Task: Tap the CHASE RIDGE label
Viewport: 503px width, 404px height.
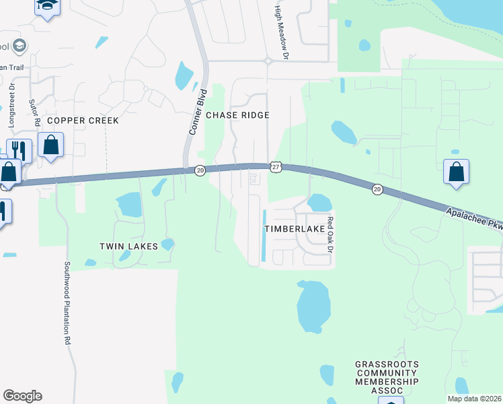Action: tap(237, 115)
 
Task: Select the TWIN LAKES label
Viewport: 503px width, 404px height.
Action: tap(128, 246)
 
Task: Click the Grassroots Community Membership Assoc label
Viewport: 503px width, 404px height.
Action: tap(387, 377)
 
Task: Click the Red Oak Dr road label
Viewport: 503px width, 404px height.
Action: tap(330, 230)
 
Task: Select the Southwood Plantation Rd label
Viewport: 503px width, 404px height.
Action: tap(67, 303)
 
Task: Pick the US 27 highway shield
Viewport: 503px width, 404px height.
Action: tap(275, 166)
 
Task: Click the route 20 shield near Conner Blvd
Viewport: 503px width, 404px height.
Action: tap(200, 171)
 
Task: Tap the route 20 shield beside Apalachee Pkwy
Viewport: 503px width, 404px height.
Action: tap(377, 190)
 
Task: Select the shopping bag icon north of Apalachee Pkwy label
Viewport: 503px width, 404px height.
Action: tap(456, 172)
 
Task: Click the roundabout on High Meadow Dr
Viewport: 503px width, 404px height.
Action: tap(268, 61)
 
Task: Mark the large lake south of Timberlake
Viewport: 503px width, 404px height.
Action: tap(313, 306)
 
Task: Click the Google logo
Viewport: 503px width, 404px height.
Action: tap(22, 396)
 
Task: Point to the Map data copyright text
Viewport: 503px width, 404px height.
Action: tap(474, 399)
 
